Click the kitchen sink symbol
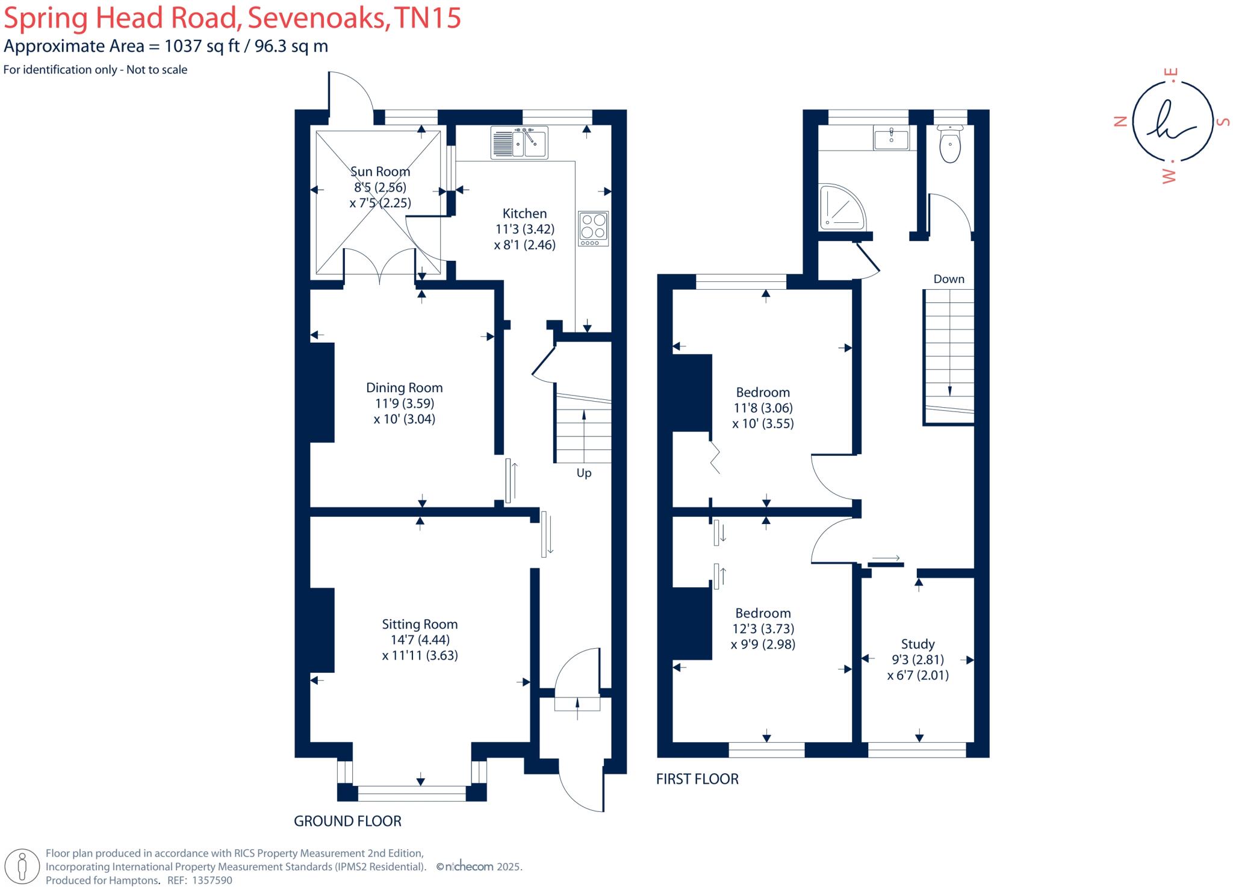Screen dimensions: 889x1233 click(519, 143)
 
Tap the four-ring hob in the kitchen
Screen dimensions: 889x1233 click(593, 228)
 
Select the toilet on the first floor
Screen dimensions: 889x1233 click(950, 145)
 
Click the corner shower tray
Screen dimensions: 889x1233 click(842, 208)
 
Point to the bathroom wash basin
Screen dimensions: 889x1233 click(891, 138)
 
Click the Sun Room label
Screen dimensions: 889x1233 click(380, 172)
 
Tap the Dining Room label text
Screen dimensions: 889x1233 click(404, 388)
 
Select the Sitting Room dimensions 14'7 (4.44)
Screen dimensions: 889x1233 click(420, 640)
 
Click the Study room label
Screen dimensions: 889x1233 click(918, 644)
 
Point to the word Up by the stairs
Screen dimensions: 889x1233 click(584, 473)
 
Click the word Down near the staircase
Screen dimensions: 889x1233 click(949, 279)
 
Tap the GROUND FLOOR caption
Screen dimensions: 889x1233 click(347, 821)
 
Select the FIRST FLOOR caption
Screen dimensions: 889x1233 click(697, 779)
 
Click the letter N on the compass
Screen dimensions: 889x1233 click(1120, 122)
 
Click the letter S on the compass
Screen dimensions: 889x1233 click(1223, 122)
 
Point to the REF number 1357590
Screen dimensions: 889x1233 click(211, 880)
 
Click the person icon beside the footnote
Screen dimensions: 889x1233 click(22, 867)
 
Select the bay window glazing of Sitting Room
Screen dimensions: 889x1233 click(412, 794)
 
